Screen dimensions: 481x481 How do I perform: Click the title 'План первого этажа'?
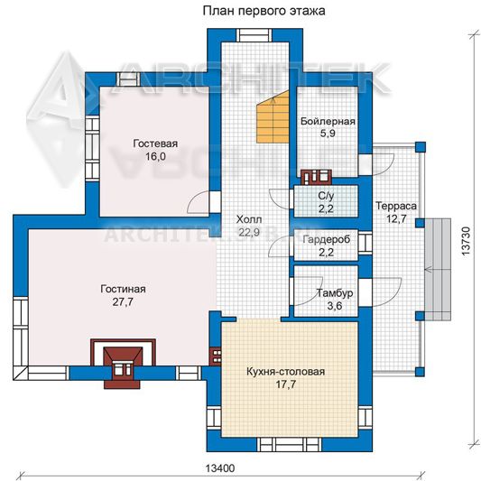coord(264,11)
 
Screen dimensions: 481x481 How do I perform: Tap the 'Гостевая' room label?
coord(155,143)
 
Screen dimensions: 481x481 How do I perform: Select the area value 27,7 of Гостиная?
coord(123,302)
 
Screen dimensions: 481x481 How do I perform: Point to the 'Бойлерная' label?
coord(328,121)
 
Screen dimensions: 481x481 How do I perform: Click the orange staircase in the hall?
coord(273,117)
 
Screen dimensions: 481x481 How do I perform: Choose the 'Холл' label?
coord(249,219)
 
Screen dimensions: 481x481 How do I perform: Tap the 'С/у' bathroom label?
coord(326,196)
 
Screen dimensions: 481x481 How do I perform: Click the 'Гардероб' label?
coord(327,239)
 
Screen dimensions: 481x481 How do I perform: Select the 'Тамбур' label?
coord(335,293)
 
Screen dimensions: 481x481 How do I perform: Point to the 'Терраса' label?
coord(396,206)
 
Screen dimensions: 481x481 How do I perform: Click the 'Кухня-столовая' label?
coord(285,372)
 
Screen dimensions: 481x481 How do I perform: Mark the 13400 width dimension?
coord(220,468)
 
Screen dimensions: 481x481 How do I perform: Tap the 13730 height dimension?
coord(466,241)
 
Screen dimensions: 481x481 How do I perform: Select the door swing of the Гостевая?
coord(199,202)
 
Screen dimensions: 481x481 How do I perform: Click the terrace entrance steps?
coord(438,270)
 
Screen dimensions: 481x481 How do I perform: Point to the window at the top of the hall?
coord(254,35)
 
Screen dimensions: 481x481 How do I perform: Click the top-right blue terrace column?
coord(421,146)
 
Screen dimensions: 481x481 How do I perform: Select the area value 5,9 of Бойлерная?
coord(328,134)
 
